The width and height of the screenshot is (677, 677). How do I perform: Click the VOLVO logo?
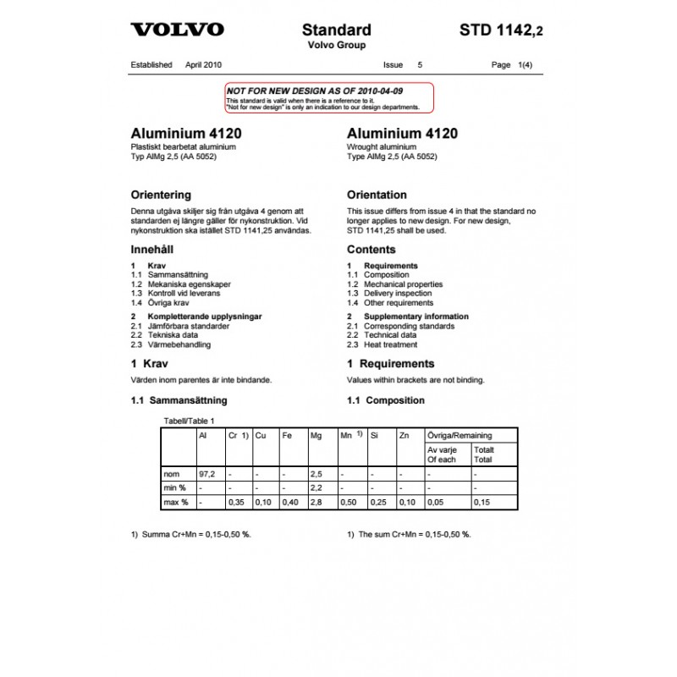pyautogui.click(x=177, y=30)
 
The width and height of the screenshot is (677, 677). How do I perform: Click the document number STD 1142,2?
pyautogui.click(x=502, y=30)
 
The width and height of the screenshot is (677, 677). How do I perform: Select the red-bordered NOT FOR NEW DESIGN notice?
pyautogui.click(x=329, y=98)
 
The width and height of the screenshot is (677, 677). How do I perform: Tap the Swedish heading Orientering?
pyautogui.click(x=161, y=195)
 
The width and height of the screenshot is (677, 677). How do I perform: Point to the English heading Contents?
pyautogui.click(x=372, y=250)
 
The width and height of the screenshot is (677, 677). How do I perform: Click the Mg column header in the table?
pyautogui.click(x=316, y=435)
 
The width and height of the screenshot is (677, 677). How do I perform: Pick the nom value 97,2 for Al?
pyautogui.click(x=206, y=474)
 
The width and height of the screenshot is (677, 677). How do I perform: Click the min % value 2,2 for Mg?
pyautogui.click(x=317, y=488)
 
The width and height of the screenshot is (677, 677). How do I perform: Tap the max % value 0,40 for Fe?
pyautogui.click(x=289, y=503)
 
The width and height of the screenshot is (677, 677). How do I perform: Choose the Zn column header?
pyautogui.click(x=405, y=435)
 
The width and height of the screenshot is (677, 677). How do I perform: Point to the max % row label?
pyautogui.click(x=174, y=503)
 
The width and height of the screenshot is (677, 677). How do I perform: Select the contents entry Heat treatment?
pyautogui.click(x=390, y=344)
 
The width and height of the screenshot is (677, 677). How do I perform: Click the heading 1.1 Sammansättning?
pyautogui.click(x=179, y=400)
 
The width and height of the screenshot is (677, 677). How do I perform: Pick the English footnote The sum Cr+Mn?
pyautogui.click(x=409, y=535)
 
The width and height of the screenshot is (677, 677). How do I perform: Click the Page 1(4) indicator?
pyautogui.click(x=513, y=64)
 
